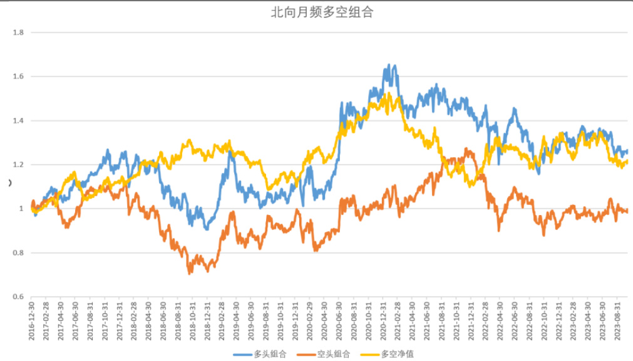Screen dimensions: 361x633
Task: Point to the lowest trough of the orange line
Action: click(x=190, y=273)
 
